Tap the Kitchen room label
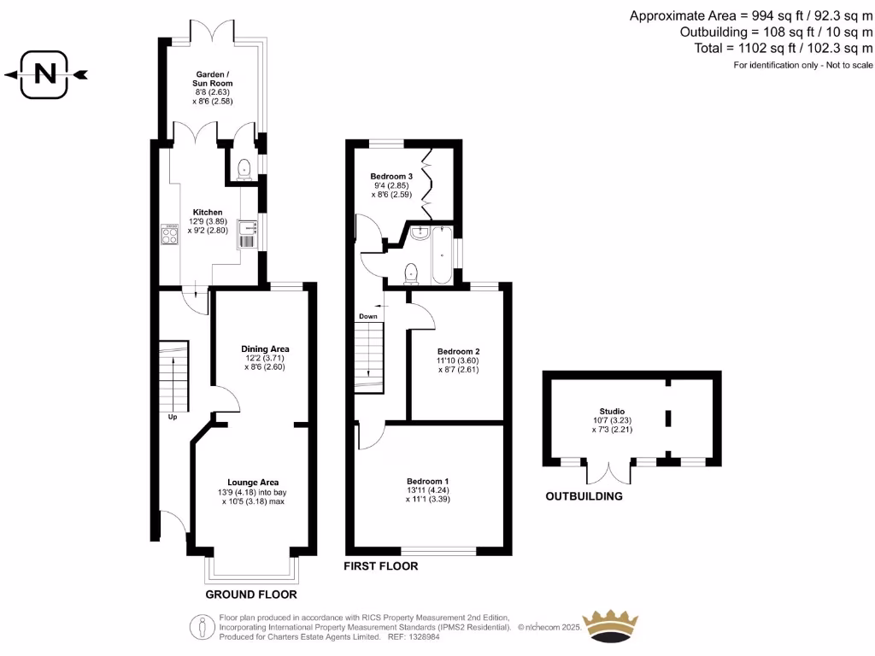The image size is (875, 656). pyautogui.click(x=207, y=212)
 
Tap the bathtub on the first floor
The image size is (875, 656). pyautogui.click(x=442, y=255)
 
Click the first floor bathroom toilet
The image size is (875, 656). pyautogui.click(x=412, y=272)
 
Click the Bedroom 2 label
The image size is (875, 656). pyautogui.click(x=458, y=351)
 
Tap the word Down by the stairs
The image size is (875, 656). pyautogui.click(x=368, y=316)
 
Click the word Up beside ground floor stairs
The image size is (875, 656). pyautogui.click(x=173, y=417)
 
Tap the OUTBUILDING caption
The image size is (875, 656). pyautogui.click(x=584, y=495)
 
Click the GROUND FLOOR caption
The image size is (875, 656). pyautogui.click(x=250, y=594)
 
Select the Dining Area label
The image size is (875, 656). pyautogui.click(x=265, y=348)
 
